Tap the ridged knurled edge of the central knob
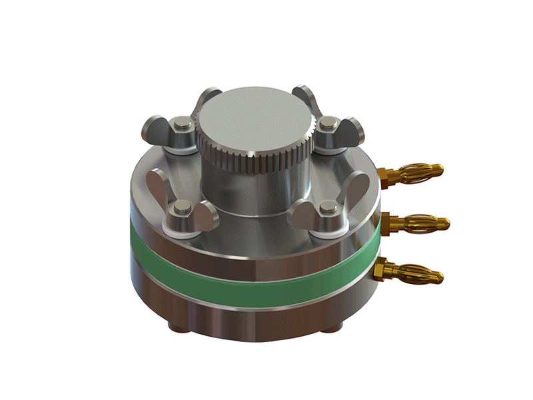[x=257, y=161]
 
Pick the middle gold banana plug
[x=423, y=222]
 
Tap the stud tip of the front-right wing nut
[x=326, y=210]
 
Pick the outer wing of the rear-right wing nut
[x=354, y=129]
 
